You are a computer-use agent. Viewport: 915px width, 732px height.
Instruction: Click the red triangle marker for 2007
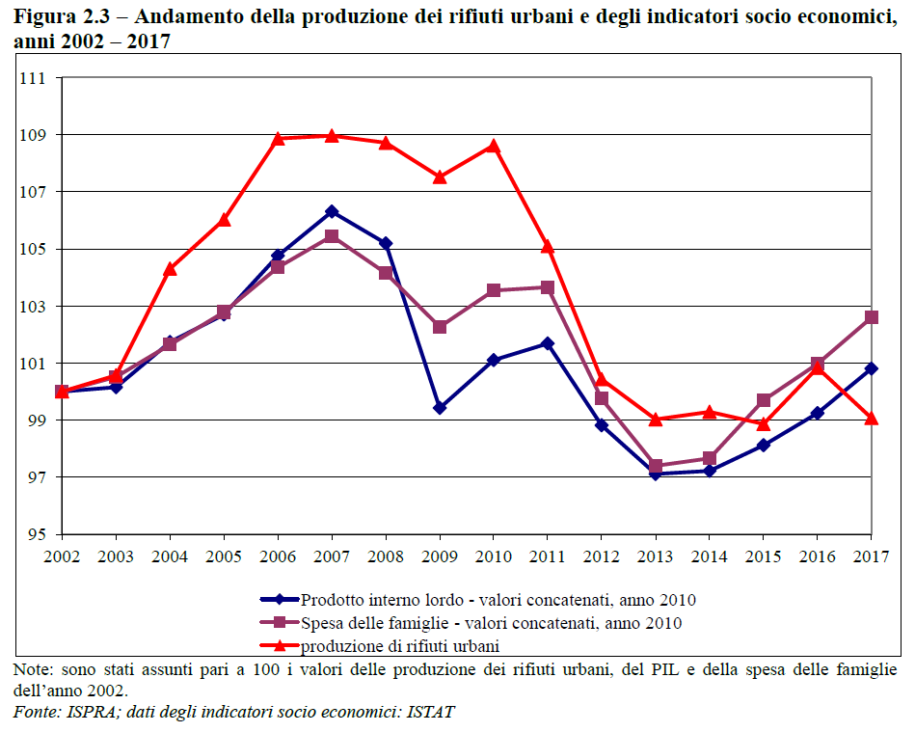[x=332, y=136]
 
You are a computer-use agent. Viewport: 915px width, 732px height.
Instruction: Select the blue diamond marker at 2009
[x=440, y=408]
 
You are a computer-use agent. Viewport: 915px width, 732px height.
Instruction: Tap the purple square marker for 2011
[x=548, y=287]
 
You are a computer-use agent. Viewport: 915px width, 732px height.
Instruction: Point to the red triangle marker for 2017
[x=872, y=419]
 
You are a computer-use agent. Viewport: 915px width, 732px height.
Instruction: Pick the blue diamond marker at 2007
[x=332, y=211]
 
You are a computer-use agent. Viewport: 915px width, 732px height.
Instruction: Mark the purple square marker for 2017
[x=872, y=317]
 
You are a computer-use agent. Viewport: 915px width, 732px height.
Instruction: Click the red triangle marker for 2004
[x=170, y=269]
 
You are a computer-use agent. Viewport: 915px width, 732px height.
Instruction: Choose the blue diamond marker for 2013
[x=656, y=474]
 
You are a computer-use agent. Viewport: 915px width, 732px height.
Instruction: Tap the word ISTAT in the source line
[x=431, y=713]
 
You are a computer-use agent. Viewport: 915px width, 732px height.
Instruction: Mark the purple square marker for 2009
[x=440, y=327]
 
